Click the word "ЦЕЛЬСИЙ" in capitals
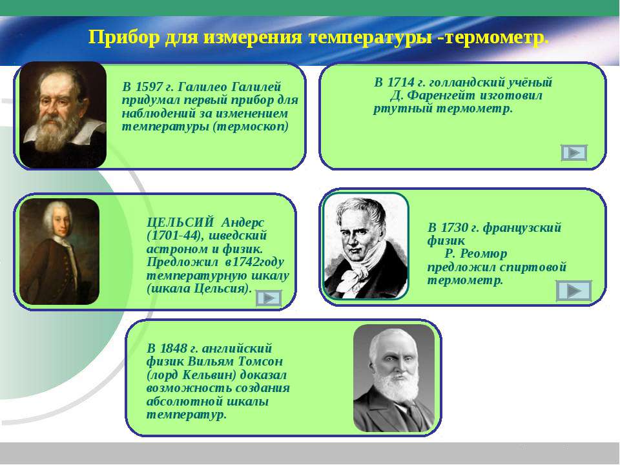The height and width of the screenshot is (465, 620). pos(180,222)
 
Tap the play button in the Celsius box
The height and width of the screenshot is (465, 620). pos(269,298)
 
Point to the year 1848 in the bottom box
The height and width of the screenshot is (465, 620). pos(174,348)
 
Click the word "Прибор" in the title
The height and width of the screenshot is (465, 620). pos(121,38)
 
